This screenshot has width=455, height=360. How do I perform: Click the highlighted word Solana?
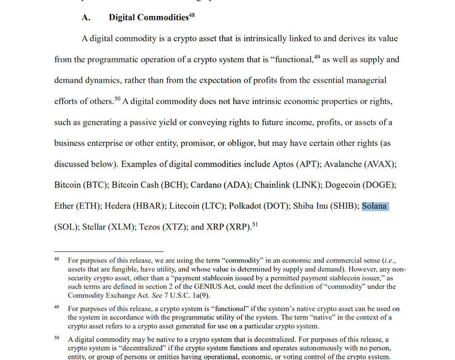(375, 206)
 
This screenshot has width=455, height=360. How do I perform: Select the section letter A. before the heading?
(86, 18)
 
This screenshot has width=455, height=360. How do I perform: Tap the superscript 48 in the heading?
(192, 15)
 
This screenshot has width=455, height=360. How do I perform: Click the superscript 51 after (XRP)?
(255, 224)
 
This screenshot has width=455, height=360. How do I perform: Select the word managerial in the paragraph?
(364, 80)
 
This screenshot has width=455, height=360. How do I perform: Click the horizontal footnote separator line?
(109, 251)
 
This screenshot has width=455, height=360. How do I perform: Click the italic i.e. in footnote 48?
(389, 261)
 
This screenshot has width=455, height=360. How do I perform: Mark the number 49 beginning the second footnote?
(57, 307)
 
